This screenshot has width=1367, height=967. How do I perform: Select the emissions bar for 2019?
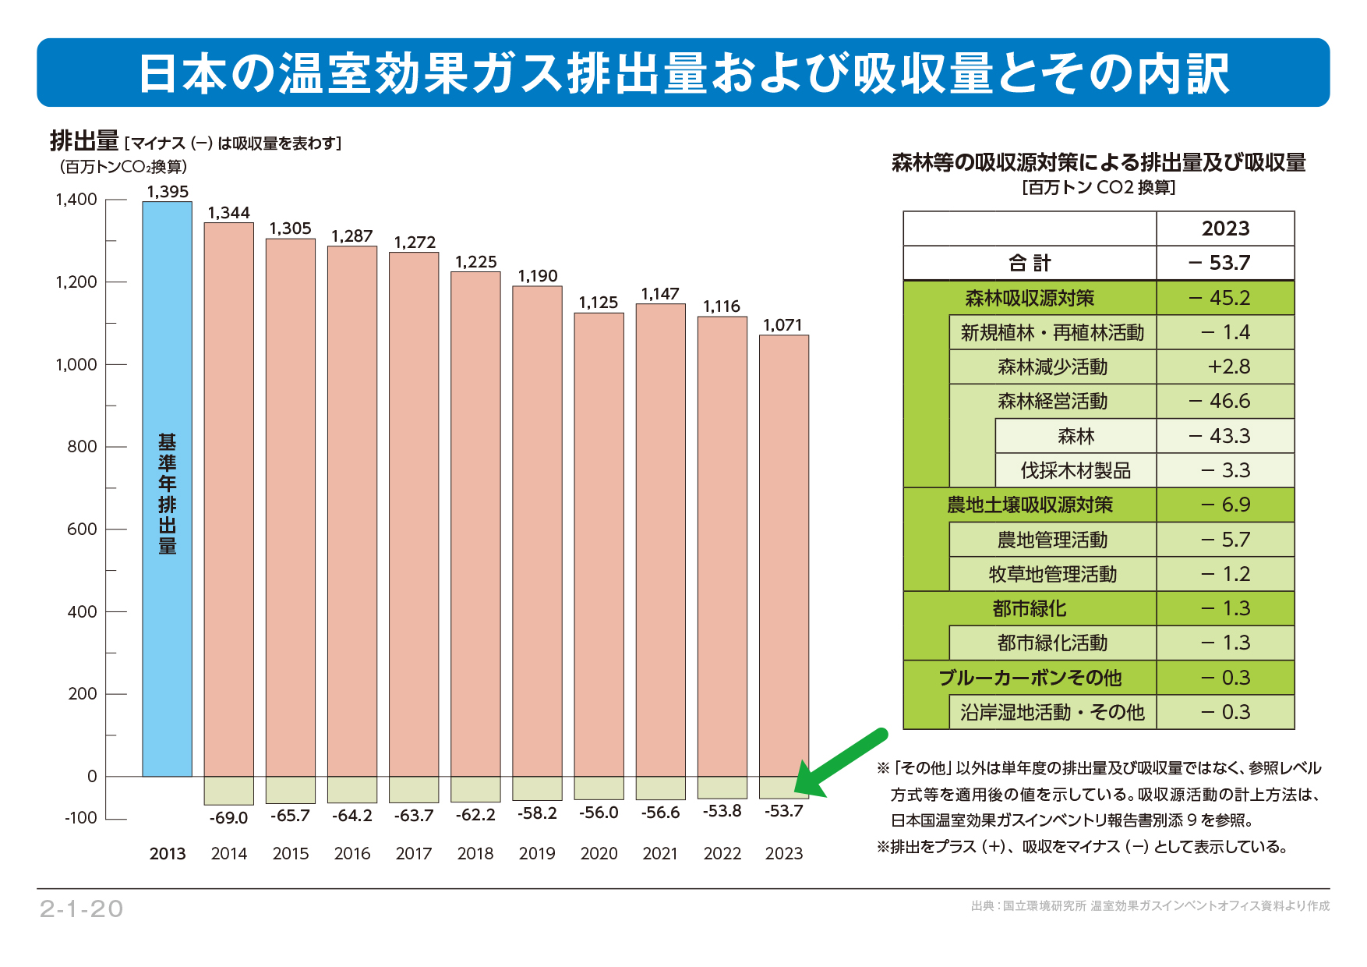537,530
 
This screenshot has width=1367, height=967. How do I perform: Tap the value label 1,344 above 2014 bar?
228,213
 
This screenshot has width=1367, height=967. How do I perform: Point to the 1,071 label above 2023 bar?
782,325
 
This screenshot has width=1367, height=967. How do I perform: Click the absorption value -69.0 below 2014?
228,818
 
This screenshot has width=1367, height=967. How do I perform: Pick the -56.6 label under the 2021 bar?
660,813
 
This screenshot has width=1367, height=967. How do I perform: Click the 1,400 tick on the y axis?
76,200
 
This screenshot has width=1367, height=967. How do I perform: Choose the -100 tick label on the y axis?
81,818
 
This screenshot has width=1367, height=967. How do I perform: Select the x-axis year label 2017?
414,854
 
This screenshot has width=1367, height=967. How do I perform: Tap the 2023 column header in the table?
1225,228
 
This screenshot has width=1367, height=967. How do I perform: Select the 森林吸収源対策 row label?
1030,298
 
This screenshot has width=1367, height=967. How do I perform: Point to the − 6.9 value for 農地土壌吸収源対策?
1226,505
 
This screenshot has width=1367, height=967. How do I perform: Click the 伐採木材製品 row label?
1076,470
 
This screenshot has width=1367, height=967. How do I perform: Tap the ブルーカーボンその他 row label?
1030,678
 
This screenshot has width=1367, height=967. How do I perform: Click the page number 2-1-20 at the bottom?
82,909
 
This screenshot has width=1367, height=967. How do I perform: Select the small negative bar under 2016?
352,789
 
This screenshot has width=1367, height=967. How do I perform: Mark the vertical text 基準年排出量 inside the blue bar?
167,494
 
